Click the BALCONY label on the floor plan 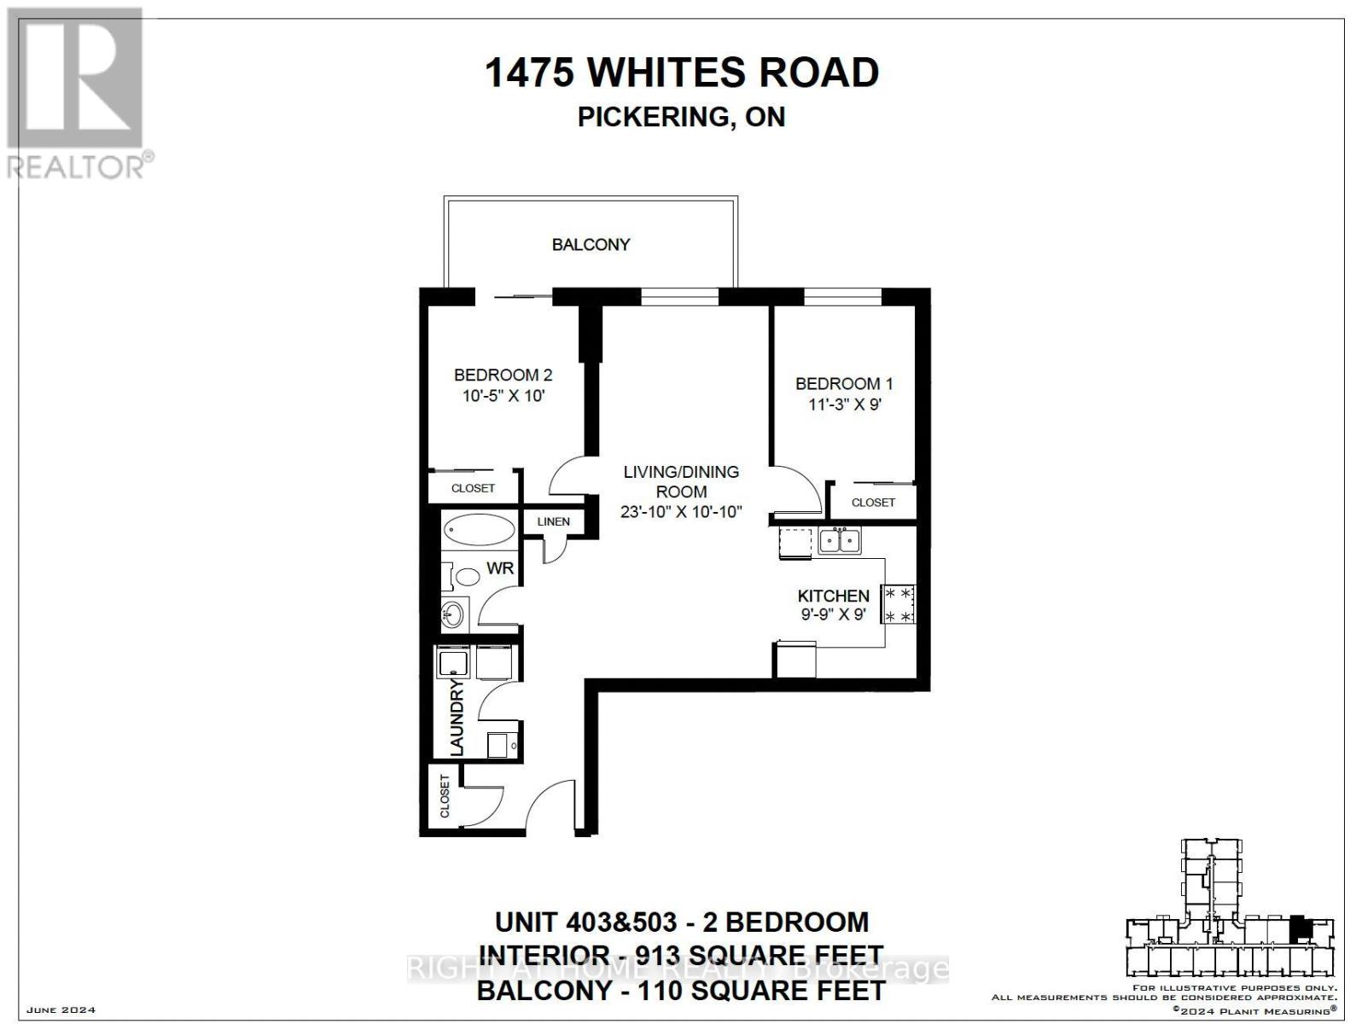(591, 245)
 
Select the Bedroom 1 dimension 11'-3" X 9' (844, 404)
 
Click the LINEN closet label (553, 521)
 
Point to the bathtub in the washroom (478, 532)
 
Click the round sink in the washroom (453, 614)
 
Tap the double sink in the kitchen (840, 540)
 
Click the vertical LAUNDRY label (457, 717)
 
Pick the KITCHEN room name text (833, 596)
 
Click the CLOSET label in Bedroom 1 (873, 503)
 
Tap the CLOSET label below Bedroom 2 (473, 488)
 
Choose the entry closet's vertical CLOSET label (445, 796)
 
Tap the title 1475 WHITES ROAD (681, 73)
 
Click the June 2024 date (61, 1010)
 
